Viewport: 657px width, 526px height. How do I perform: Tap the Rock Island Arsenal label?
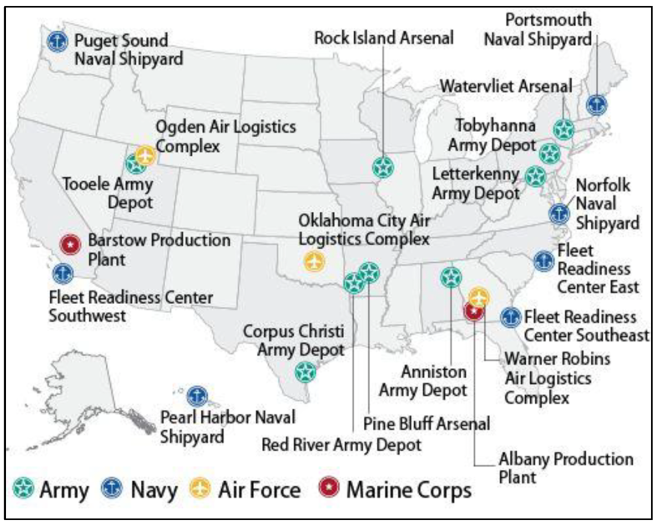click(x=383, y=38)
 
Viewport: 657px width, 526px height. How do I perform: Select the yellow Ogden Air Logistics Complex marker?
click(x=146, y=156)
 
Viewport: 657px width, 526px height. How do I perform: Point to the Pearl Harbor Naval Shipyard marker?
click(x=197, y=395)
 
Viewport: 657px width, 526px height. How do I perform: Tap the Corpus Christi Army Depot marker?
click(x=305, y=372)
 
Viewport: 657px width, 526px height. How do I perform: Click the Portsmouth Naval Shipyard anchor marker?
click(x=595, y=105)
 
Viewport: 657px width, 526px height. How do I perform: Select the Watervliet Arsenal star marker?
click(x=564, y=129)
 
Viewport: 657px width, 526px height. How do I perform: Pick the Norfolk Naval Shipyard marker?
click(x=558, y=213)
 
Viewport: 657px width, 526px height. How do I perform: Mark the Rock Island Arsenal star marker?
click(x=382, y=167)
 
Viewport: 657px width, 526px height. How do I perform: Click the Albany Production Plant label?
click(x=565, y=467)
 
